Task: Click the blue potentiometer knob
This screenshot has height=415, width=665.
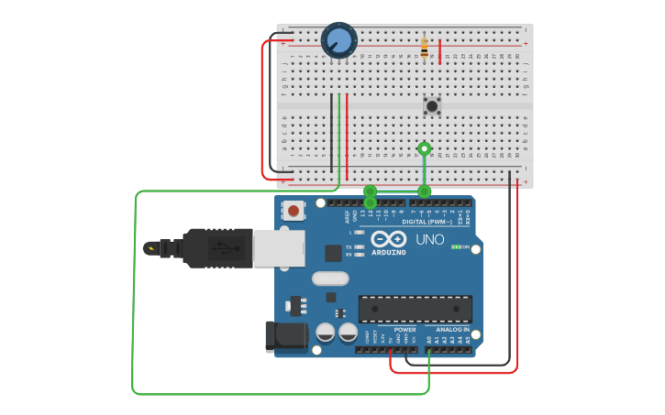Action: pos(338,39)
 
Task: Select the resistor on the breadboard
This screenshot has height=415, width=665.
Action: pos(424,46)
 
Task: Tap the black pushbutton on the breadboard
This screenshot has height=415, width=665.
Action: pos(432,105)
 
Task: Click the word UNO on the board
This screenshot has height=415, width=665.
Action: pos(430,240)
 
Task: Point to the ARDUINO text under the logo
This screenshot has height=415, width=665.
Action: pos(389,252)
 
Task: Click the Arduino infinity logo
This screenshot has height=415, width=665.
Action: pos(389,237)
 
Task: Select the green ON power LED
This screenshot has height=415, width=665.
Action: pos(455,247)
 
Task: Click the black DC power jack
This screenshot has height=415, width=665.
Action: pos(283,337)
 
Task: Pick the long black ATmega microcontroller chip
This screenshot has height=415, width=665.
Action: pos(416,309)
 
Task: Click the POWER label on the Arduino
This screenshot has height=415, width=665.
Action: pos(405,330)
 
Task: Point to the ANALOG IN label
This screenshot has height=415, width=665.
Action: pos(452,330)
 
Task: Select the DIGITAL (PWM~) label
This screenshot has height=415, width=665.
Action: pos(427,221)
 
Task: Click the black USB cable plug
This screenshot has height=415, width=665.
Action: pos(216,247)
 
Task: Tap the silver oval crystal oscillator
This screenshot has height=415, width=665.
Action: pos(330,278)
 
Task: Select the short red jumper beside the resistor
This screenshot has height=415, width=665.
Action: pos(440,51)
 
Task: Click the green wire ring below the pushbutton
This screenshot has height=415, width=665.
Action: pos(424,148)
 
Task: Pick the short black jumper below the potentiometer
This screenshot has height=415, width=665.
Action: pos(332,128)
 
